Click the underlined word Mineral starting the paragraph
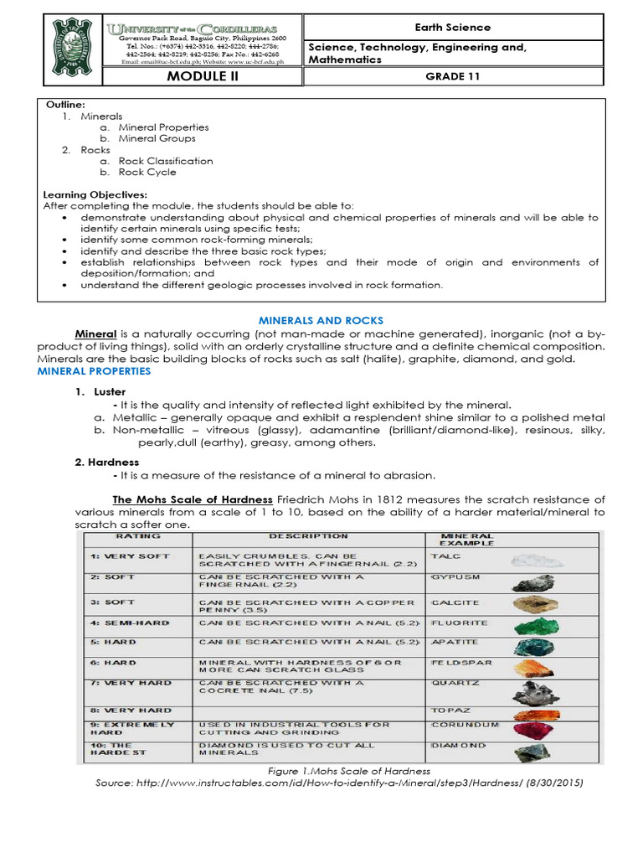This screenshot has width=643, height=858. point(95,333)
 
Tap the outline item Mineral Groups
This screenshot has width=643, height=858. point(157,139)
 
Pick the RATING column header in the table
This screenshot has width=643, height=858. point(133,535)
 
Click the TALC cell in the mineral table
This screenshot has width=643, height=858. point(444,556)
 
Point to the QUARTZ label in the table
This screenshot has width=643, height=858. point(450,683)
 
